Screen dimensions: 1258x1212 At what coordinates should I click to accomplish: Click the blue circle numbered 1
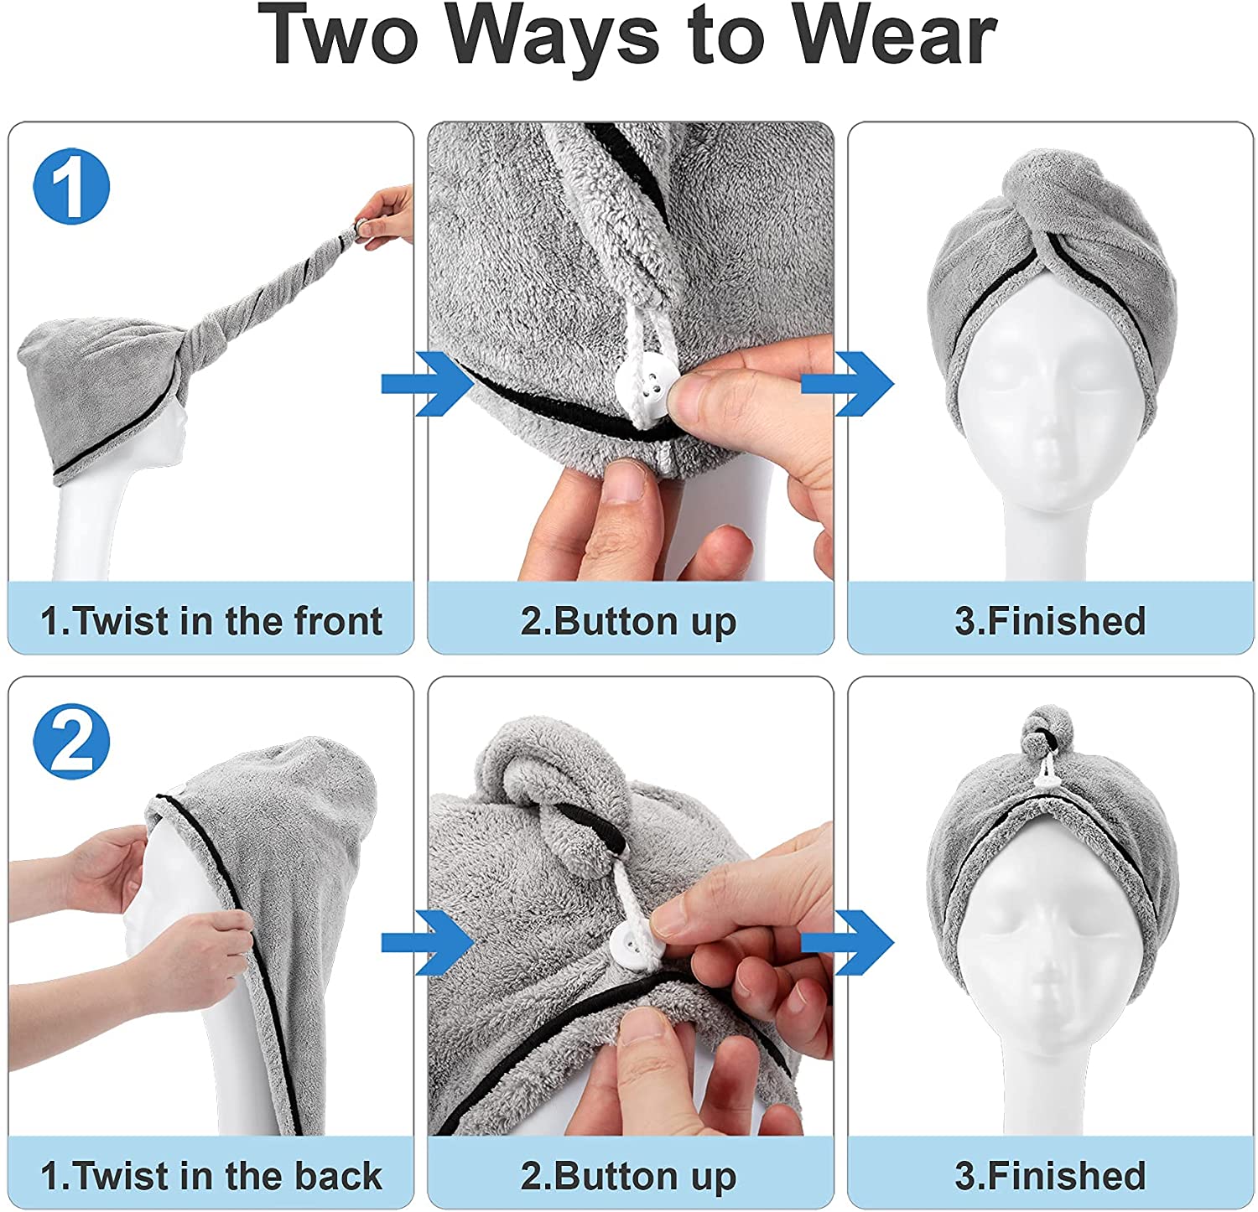[x=71, y=186]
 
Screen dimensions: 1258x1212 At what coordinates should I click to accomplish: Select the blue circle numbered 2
[x=71, y=741]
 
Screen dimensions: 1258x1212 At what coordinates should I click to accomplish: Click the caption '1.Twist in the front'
[x=211, y=621]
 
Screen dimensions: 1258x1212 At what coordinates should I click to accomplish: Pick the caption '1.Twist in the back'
[x=211, y=1175]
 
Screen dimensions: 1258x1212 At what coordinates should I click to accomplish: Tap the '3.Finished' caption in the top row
[x=1050, y=621]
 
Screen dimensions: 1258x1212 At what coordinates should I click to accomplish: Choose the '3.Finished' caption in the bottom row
[x=1050, y=1175]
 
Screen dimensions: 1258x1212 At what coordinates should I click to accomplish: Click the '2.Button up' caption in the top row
[x=629, y=622]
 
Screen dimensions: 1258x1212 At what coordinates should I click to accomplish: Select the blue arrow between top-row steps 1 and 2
[x=427, y=383]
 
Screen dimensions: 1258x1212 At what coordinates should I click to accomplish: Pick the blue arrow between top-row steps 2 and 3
[x=847, y=383]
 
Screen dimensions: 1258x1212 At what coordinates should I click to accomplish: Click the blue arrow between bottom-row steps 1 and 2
[x=427, y=942]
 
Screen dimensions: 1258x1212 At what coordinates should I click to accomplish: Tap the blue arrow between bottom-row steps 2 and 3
[x=847, y=942]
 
